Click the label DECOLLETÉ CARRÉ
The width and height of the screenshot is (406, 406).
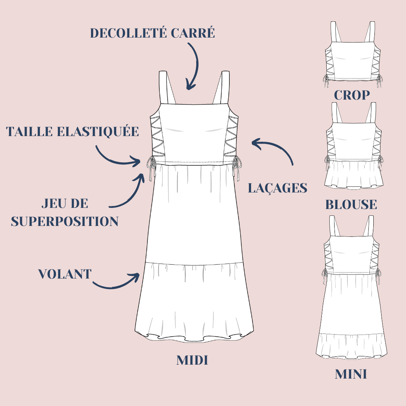[x=153, y=33]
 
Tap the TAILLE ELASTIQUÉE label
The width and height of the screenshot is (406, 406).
[x=73, y=132]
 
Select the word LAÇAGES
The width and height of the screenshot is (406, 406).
[x=277, y=188]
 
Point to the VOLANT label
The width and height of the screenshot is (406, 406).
[x=65, y=274]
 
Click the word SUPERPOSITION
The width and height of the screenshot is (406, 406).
[x=65, y=221]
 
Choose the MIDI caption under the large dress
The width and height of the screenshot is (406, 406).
[x=192, y=360]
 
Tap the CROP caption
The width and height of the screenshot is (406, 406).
[x=352, y=95]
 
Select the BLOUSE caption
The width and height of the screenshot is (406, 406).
[x=351, y=205]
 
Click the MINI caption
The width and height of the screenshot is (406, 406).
[x=351, y=374]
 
